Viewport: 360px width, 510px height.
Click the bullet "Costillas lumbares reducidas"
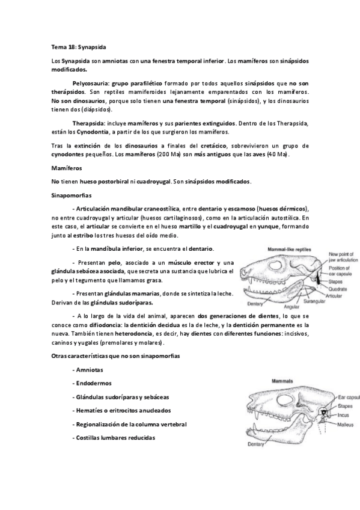(114, 437)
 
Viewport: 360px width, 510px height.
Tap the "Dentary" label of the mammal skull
(257, 444)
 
